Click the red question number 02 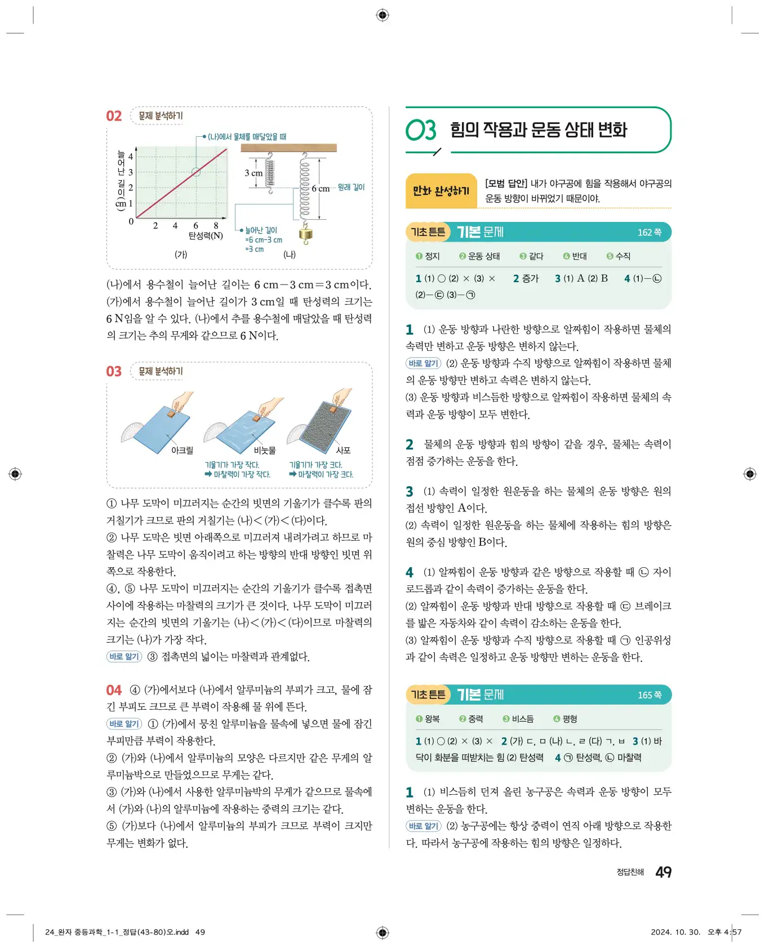pos(114,116)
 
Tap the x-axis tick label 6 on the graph pos(195,225)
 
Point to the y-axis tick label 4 pos(131,157)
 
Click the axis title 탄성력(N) pos(206,235)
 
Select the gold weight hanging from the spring pos(306,234)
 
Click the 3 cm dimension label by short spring pos(253,173)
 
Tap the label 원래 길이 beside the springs pos(351,187)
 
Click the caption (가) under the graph pos(180,254)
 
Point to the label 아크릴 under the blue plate pos(182,450)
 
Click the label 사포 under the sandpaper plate pos(343,450)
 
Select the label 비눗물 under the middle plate pos(265,450)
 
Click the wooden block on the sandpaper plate pos(333,410)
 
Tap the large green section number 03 pos(421,131)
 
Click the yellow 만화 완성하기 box pos(441,191)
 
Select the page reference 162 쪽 pos(649,232)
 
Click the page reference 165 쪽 pos(649,695)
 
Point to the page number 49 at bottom pos(663,872)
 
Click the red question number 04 pos(114,690)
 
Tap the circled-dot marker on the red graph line pos(196,172)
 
